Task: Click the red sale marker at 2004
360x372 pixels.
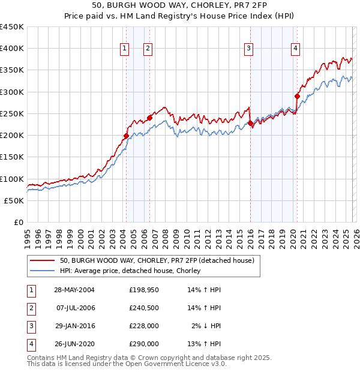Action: pyautogui.click(x=126, y=136)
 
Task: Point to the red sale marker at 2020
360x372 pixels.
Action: pyautogui.click(x=297, y=96)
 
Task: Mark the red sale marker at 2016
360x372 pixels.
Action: pyautogui.click(x=250, y=123)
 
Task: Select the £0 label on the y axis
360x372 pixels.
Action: pyautogui.click(x=18, y=222)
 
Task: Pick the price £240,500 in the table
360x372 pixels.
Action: pyautogui.click(x=144, y=308)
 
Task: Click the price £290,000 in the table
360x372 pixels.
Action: pyautogui.click(x=144, y=344)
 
